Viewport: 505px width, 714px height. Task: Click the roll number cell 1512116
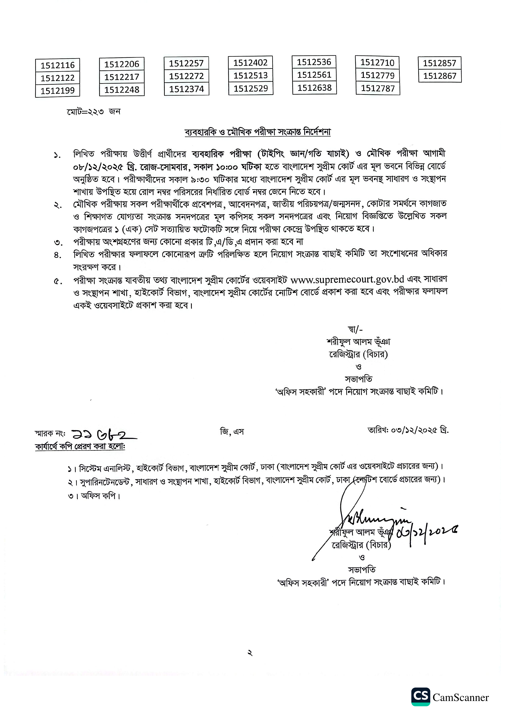(58, 65)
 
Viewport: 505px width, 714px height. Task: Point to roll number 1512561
(314, 75)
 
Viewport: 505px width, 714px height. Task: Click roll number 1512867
(440, 76)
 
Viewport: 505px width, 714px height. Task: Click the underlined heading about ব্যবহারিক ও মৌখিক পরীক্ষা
(258, 132)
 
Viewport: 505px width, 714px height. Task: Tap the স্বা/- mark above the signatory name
(355, 329)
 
